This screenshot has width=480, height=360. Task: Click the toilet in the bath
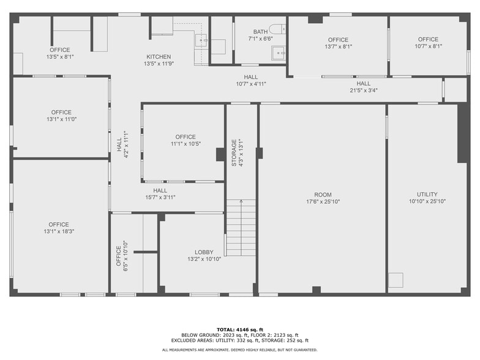[277, 29]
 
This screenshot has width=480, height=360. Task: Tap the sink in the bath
[279, 53]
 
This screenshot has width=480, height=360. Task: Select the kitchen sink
[201, 40]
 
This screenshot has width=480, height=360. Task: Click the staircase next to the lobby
[241, 228]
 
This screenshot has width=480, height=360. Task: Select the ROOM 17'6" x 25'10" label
[323, 198]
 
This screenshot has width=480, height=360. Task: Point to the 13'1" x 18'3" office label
[59, 228]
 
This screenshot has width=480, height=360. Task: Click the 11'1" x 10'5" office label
[186, 140]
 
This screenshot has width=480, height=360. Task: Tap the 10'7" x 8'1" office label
[428, 43]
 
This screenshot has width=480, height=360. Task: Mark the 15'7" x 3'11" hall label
[160, 193]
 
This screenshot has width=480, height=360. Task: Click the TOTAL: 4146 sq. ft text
[239, 329]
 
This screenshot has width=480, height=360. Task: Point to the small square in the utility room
[396, 280]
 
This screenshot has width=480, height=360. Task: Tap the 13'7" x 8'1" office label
[338, 43]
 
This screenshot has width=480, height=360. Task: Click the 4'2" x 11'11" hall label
[122, 145]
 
